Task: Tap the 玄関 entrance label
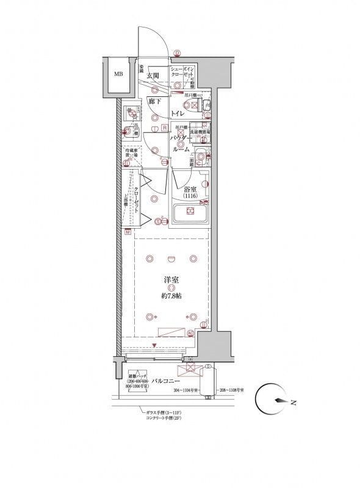point(153,76)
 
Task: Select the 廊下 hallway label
point(155,102)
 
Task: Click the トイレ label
point(178,114)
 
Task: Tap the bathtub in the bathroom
point(190,214)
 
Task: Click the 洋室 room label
point(171,281)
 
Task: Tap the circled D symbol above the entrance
point(176,53)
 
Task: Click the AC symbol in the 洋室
point(190,332)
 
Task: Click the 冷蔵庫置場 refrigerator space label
point(131,155)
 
